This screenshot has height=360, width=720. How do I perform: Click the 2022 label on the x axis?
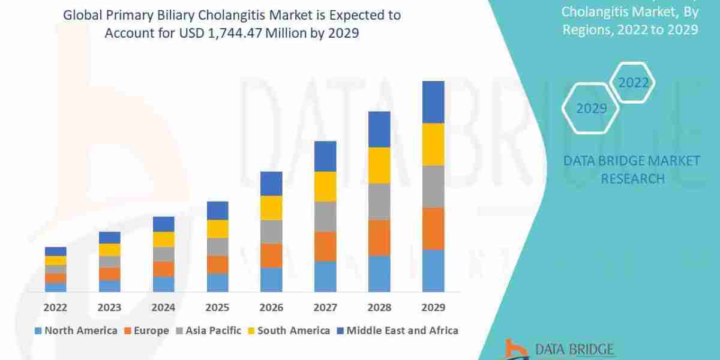pos(55,308)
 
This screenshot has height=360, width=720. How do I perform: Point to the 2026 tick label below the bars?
pos(271,308)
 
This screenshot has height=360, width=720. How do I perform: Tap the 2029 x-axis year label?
pos(433,308)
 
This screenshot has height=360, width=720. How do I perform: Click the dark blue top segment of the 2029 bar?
pos(433,102)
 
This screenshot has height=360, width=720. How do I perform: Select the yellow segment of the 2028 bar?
pos(379,165)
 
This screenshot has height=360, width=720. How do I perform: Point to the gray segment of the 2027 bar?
pos(325,217)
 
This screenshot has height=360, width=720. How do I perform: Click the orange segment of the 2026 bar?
pos(271,256)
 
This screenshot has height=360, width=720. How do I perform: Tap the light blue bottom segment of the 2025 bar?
pos(217,283)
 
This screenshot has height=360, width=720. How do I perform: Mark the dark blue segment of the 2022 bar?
pos(55,251)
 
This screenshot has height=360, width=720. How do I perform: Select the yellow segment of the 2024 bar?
pos(163,239)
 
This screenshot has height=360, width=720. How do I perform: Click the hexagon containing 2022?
pos(633,83)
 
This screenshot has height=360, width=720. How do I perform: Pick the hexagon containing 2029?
pos(590,109)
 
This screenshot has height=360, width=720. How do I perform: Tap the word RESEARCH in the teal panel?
pos(632,178)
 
